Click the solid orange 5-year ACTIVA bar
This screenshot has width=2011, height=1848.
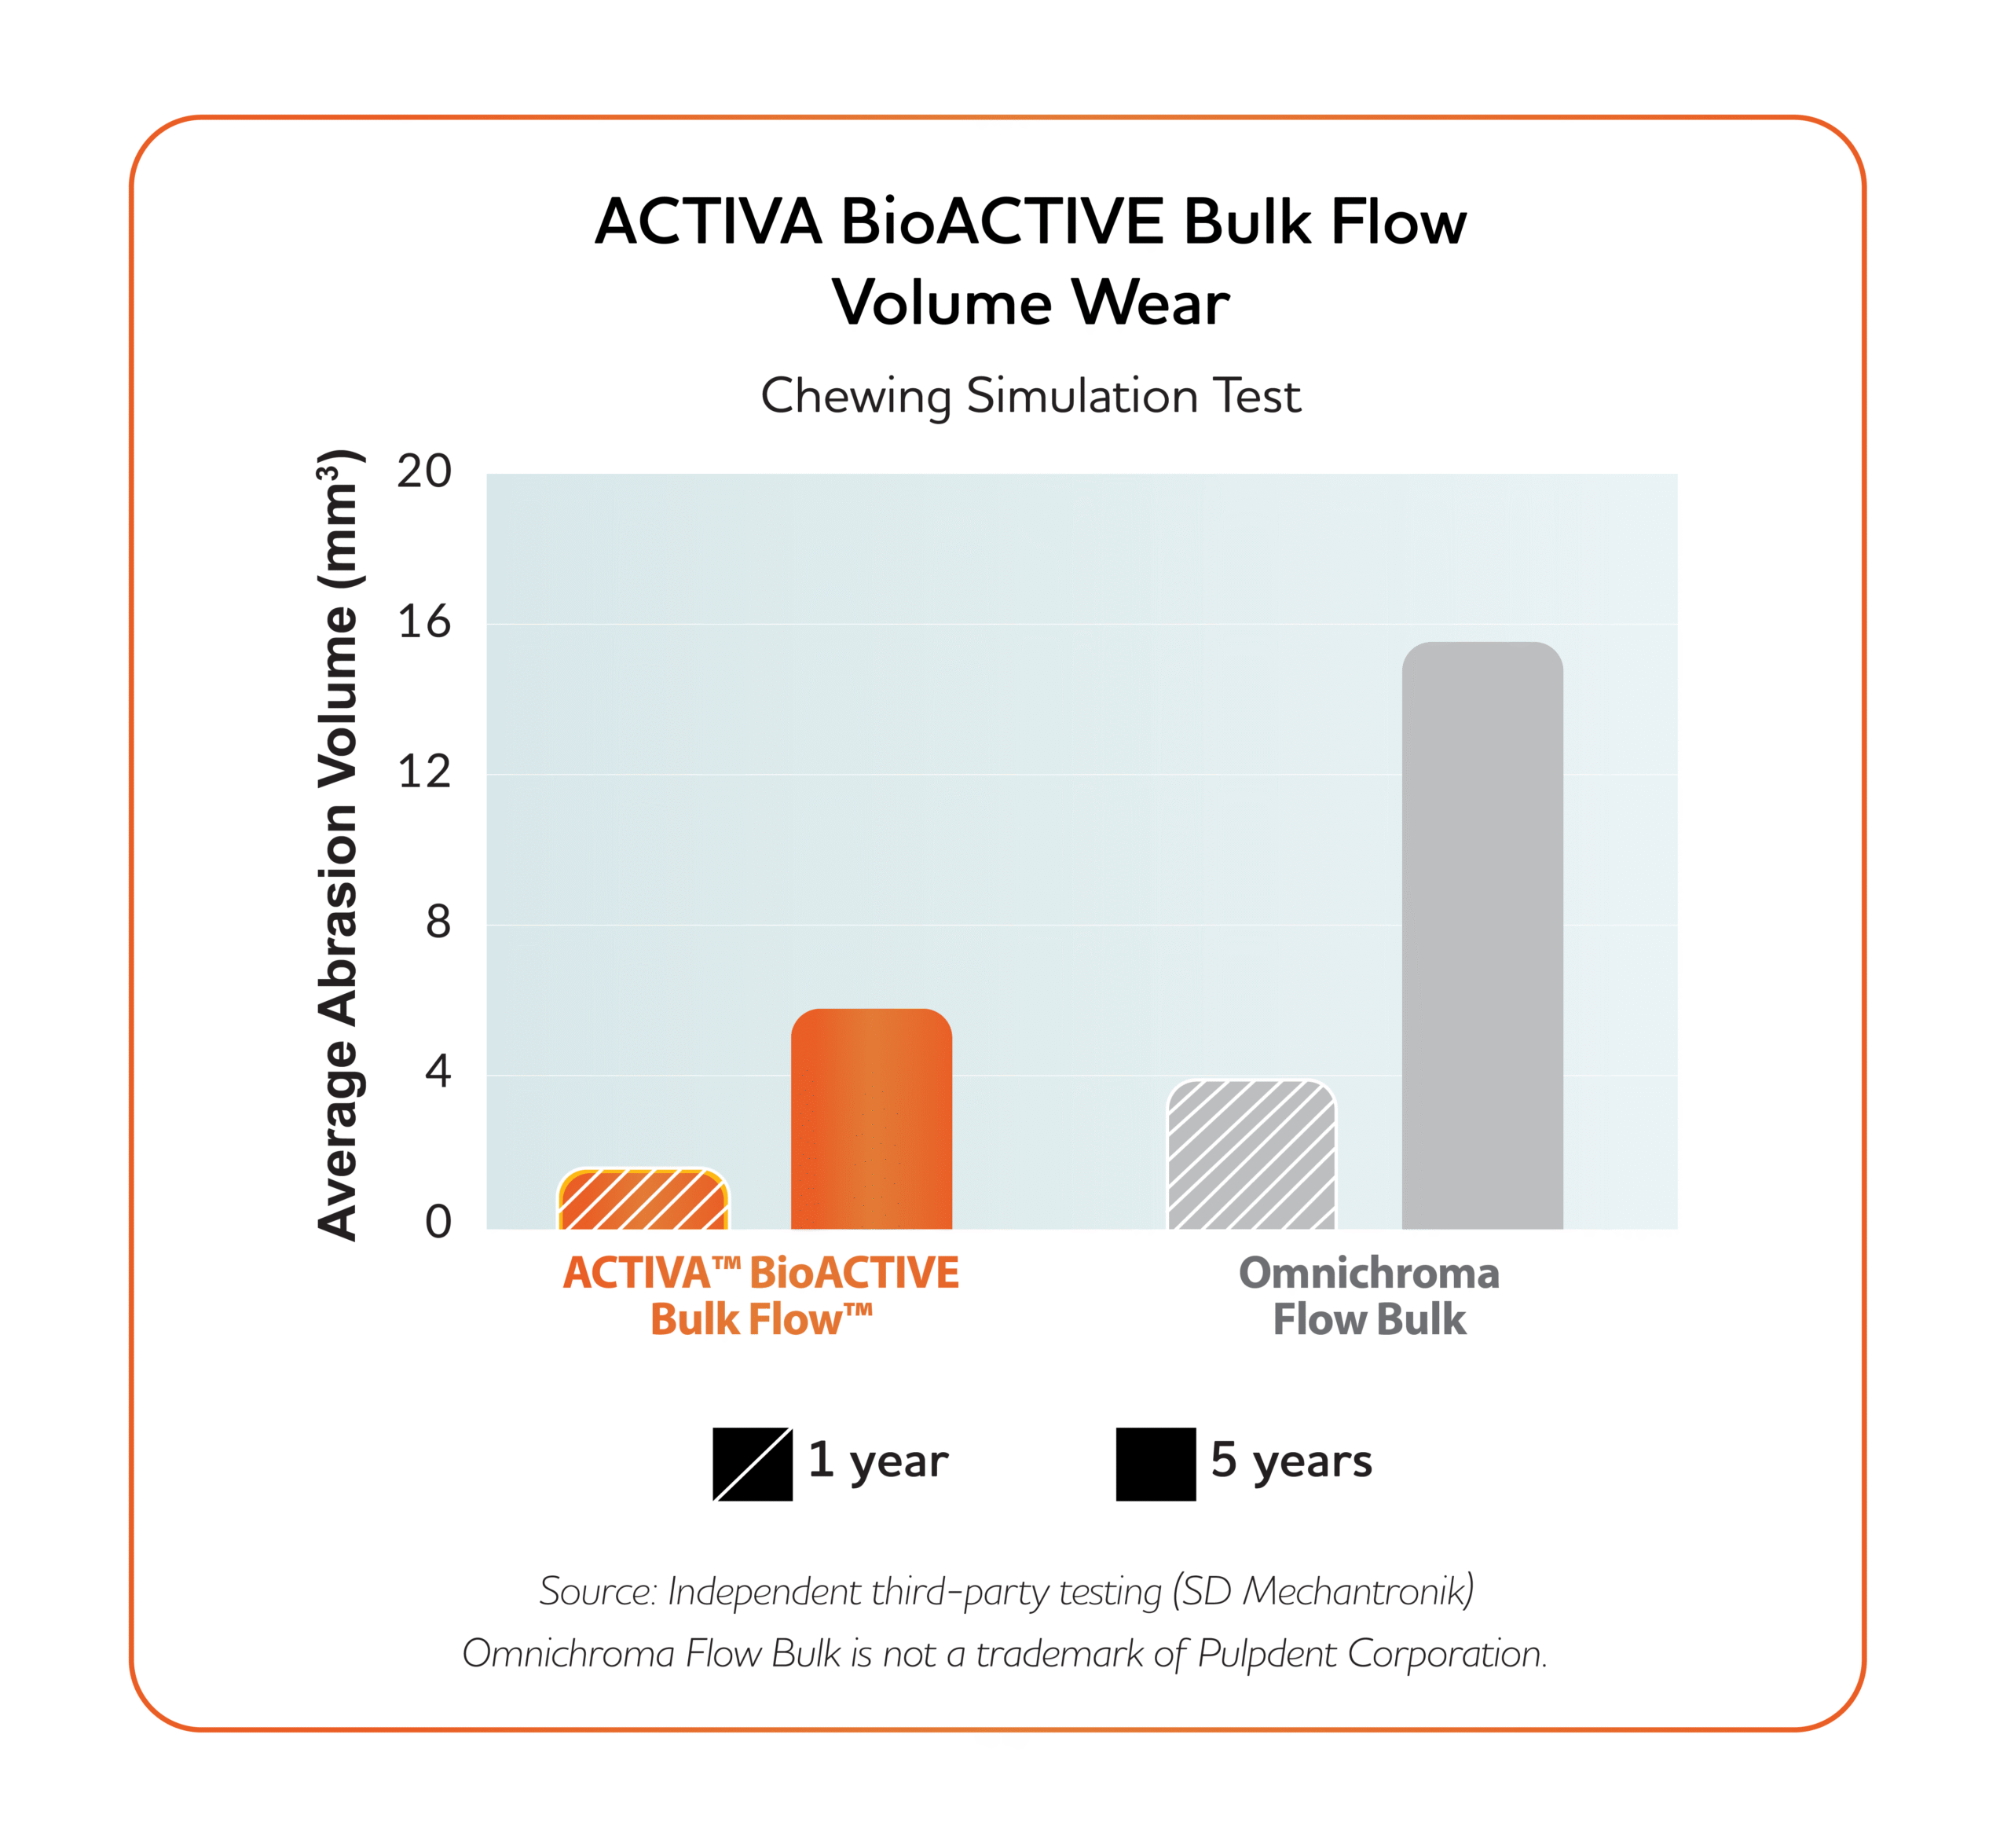pos(871,1120)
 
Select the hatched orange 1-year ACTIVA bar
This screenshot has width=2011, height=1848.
pos(643,1200)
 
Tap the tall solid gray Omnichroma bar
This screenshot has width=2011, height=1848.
pos(1482,935)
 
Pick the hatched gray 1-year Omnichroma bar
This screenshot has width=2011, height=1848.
pos(1251,1156)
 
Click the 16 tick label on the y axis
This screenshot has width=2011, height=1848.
pos(424,622)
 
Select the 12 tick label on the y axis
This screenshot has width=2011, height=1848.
pos(424,772)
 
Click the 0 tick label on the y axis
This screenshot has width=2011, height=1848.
pos(437,1222)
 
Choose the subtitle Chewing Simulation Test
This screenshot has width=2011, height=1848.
pos(1030,396)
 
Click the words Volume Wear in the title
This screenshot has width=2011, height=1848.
pos(1030,303)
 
